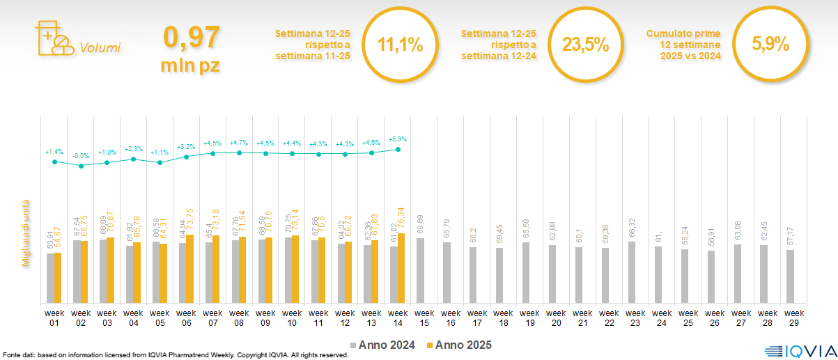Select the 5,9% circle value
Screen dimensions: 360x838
(770, 45)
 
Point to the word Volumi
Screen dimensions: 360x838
(100, 48)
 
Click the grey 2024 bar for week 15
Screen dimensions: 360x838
(419, 270)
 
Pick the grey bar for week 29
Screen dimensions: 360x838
(790, 276)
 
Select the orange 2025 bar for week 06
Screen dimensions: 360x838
(189, 269)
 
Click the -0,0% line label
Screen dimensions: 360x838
(81, 155)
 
